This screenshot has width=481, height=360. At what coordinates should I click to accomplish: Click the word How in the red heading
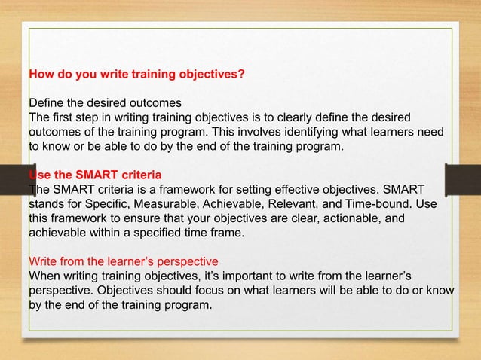point(41,75)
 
